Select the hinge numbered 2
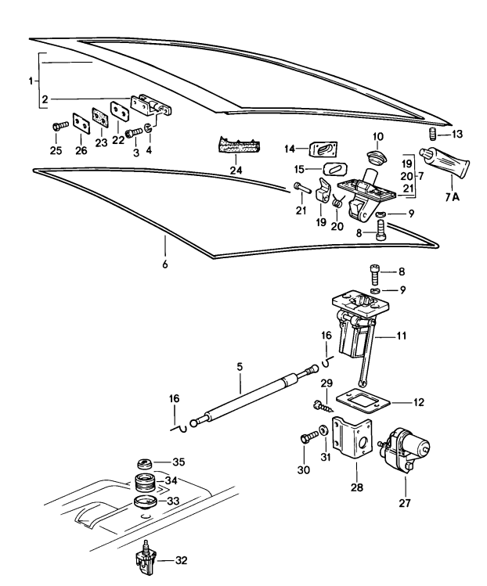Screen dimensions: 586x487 tap(148, 106)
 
